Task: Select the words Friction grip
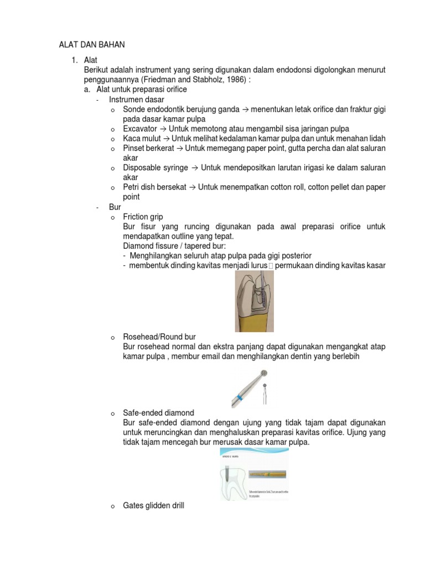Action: tap(143, 217)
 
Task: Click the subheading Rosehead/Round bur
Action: tap(159, 337)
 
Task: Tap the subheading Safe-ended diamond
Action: tap(158, 413)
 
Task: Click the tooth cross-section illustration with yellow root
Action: tap(254, 302)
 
